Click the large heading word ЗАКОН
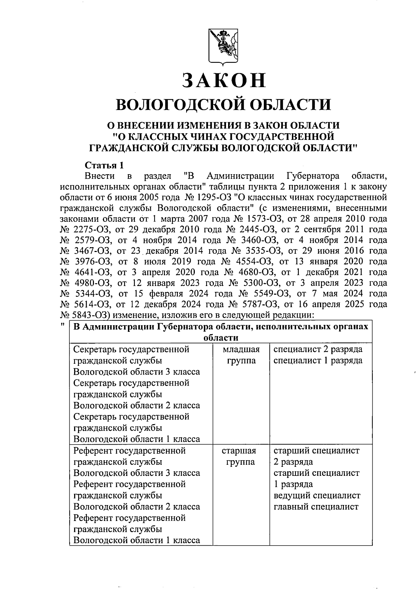pos(224,80)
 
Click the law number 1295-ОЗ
pos(210,198)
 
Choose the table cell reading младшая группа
pos(241,355)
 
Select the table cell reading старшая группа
pos(239,456)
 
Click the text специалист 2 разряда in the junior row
pos(318,349)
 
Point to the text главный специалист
pos(316,507)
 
